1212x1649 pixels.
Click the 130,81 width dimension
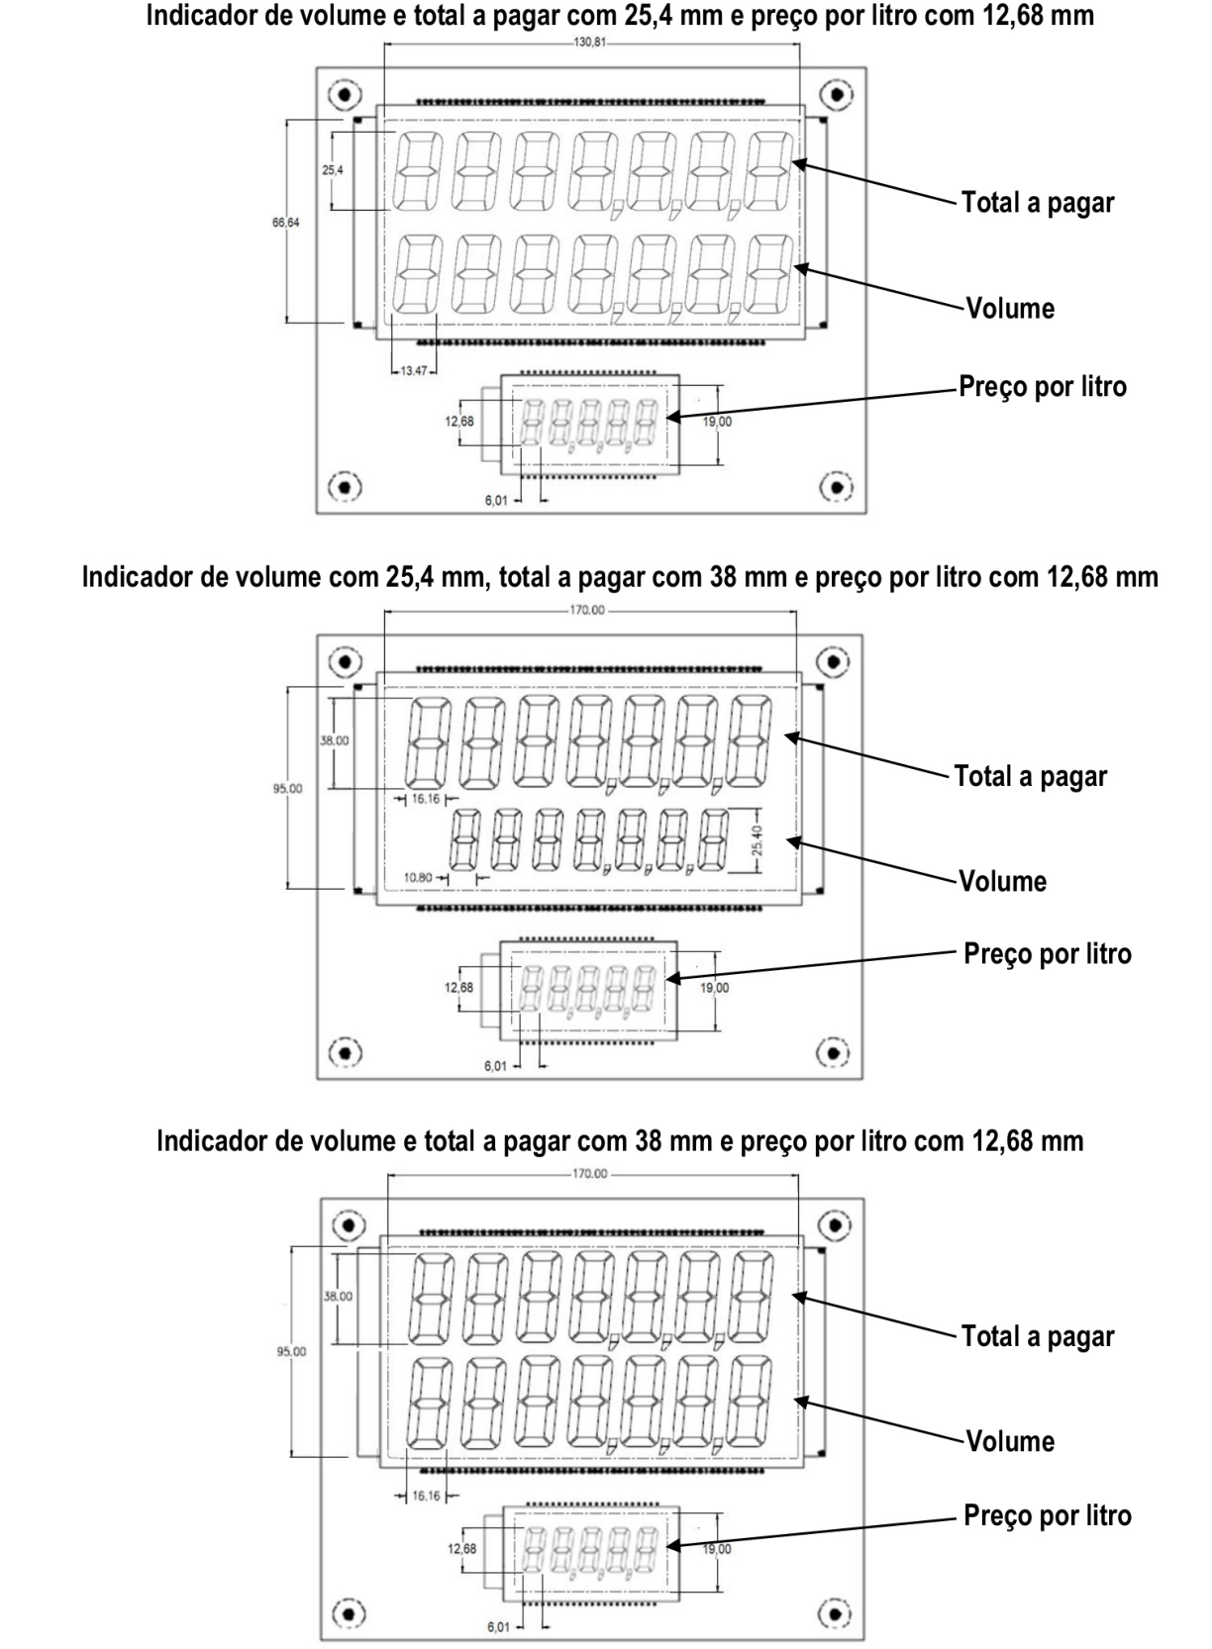coord(590,42)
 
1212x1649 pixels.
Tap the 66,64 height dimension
coord(286,222)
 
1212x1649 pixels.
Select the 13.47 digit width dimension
coord(414,371)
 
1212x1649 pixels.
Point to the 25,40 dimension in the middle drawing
coord(757,840)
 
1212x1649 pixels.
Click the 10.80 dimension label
coord(418,878)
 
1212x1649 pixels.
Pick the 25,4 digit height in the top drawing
coord(332,170)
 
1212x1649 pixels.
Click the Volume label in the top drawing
coord(1010,308)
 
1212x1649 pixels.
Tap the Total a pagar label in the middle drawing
coord(1030,777)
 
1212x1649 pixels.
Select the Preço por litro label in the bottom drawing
coord(1047,1515)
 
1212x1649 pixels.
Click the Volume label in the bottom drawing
coord(1010,1441)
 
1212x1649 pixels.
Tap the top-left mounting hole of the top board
coord(345,94)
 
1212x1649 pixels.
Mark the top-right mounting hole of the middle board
coord(834,662)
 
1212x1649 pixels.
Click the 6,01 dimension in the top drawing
coord(495,501)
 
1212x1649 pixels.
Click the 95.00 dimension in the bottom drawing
coord(291,1351)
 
